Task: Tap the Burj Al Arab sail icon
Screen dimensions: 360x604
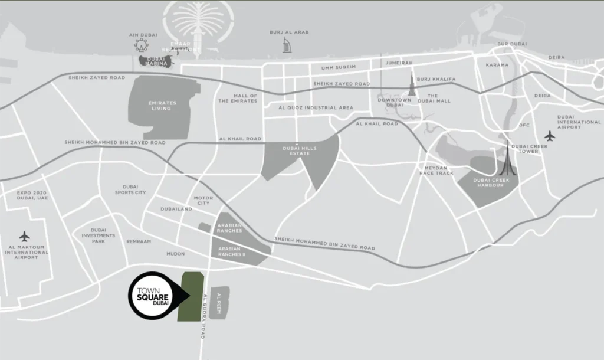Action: [287, 45]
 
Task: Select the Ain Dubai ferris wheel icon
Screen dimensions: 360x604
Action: [141, 45]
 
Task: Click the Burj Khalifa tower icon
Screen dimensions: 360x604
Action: [412, 84]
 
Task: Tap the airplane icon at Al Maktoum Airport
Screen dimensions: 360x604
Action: [24, 236]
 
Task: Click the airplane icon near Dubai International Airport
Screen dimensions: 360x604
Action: [550, 136]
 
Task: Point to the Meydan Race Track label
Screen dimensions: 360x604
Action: [436, 170]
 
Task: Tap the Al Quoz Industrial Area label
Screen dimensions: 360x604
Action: [316, 108]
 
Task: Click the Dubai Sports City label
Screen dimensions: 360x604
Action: [130, 189]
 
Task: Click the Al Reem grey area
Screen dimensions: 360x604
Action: [219, 303]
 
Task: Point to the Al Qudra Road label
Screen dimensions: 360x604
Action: [202, 316]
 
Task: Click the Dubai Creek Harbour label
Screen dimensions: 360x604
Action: [490, 182]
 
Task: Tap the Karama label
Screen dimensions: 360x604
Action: [497, 65]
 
